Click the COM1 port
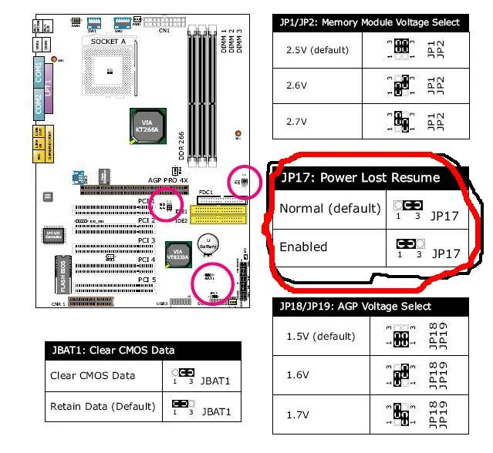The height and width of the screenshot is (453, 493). [39, 75]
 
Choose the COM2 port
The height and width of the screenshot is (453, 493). [39, 105]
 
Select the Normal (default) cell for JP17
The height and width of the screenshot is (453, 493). [325, 209]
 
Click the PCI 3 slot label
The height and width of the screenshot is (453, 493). [147, 240]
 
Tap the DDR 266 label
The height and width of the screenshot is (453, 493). [182, 143]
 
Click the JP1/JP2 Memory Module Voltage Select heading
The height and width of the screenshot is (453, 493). [370, 22]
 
